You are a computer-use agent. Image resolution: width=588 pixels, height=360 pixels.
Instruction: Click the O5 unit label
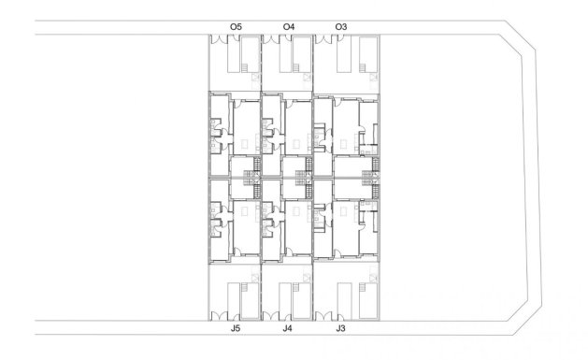click(237, 26)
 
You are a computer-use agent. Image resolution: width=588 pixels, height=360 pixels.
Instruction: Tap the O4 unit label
click(289, 26)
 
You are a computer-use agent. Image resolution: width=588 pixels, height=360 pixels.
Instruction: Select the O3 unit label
click(341, 26)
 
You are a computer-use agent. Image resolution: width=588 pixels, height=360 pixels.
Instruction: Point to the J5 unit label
click(237, 330)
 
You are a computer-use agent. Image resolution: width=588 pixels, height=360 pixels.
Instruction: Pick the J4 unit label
click(288, 330)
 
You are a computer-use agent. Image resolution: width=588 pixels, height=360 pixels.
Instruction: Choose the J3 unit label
click(341, 330)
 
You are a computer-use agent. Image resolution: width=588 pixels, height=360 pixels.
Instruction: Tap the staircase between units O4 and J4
click(302, 175)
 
